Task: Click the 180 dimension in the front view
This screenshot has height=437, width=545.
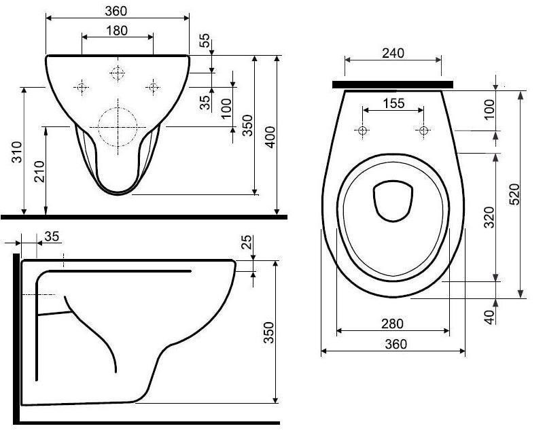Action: tap(117, 31)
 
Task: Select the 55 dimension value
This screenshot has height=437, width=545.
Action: tap(205, 40)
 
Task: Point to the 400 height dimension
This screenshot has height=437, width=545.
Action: tap(270, 137)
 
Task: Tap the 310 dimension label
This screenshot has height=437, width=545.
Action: tap(17, 152)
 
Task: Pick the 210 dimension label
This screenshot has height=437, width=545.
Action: tap(40, 171)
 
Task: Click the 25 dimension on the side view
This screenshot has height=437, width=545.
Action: tap(246, 243)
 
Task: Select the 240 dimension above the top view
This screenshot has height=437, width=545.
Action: tap(393, 53)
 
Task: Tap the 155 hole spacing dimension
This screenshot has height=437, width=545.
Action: tap(394, 103)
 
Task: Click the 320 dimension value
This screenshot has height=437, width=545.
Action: tap(489, 217)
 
